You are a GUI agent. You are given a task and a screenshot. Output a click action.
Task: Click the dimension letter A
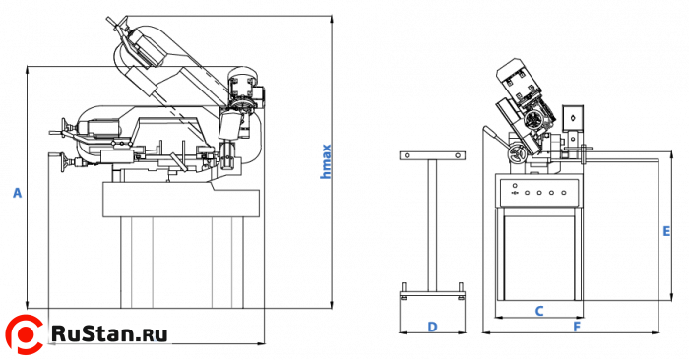pyautogui.click(x=17, y=193)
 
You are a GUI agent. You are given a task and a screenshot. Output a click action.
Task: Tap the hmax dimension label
pyautogui.click(x=326, y=161)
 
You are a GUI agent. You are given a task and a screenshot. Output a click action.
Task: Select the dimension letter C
pyautogui.click(x=539, y=311)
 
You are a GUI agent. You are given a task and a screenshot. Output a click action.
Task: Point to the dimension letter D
pyautogui.click(x=432, y=327)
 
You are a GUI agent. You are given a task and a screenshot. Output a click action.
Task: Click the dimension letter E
pyautogui.click(x=666, y=231)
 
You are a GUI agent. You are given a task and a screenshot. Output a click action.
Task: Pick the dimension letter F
pyautogui.click(x=577, y=327)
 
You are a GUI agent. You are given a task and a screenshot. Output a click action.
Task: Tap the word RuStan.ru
pyautogui.click(x=109, y=333)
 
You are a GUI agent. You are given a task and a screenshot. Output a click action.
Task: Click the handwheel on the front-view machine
pyautogui.click(x=517, y=154)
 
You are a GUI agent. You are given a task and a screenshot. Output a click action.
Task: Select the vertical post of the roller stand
pyautogui.click(x=433, y=225)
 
